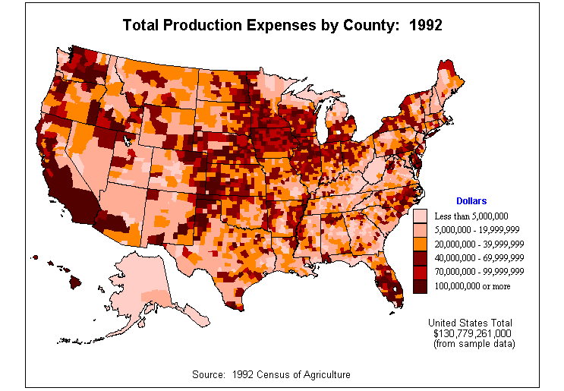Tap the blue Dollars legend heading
(x=471, y=200)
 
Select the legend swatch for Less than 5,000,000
(x=420, y=216)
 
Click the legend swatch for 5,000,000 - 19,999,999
(x=420, y=230)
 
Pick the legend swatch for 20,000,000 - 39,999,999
(x=420, y=244)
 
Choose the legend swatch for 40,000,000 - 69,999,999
(x=420, y=258)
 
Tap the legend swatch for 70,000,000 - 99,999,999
(x=420, y=272)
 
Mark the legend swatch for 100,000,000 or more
(x=420, y=285)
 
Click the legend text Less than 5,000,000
(x=471, y=216)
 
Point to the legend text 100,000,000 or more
(x=472, y=286)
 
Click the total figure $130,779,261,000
(x=471, y=333)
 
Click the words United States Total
(x=471, y=323)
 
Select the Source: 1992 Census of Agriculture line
(x=271, y=375)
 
